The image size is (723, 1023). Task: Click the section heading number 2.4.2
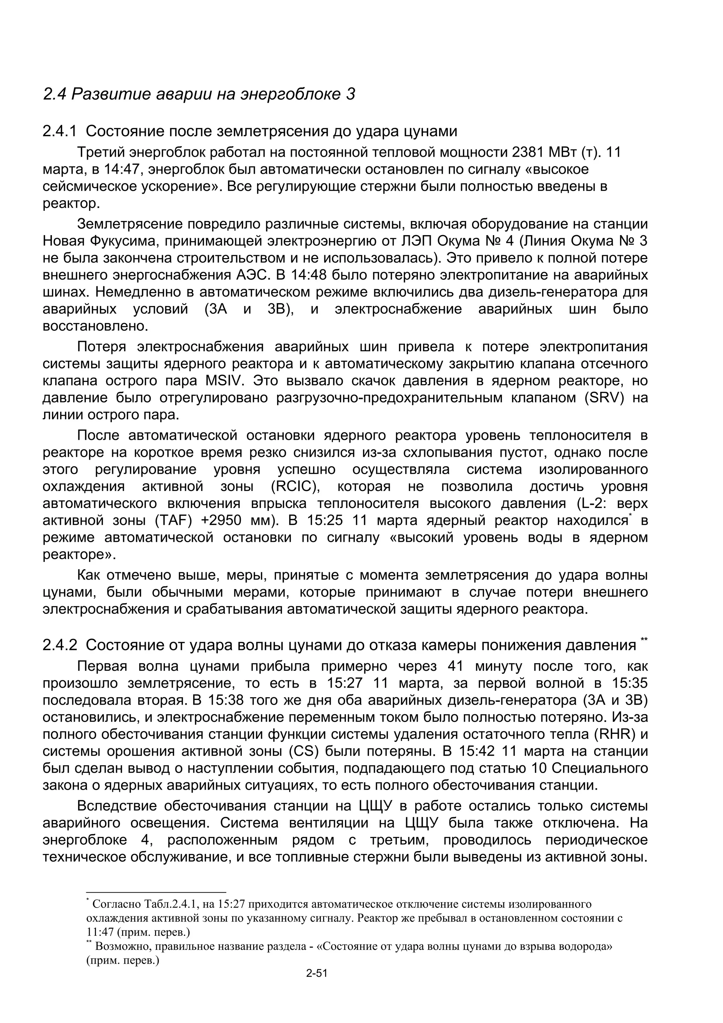coord(60,646)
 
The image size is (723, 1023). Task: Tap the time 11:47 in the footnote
coord(100,932)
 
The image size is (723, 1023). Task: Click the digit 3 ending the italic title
coord(351,95)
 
